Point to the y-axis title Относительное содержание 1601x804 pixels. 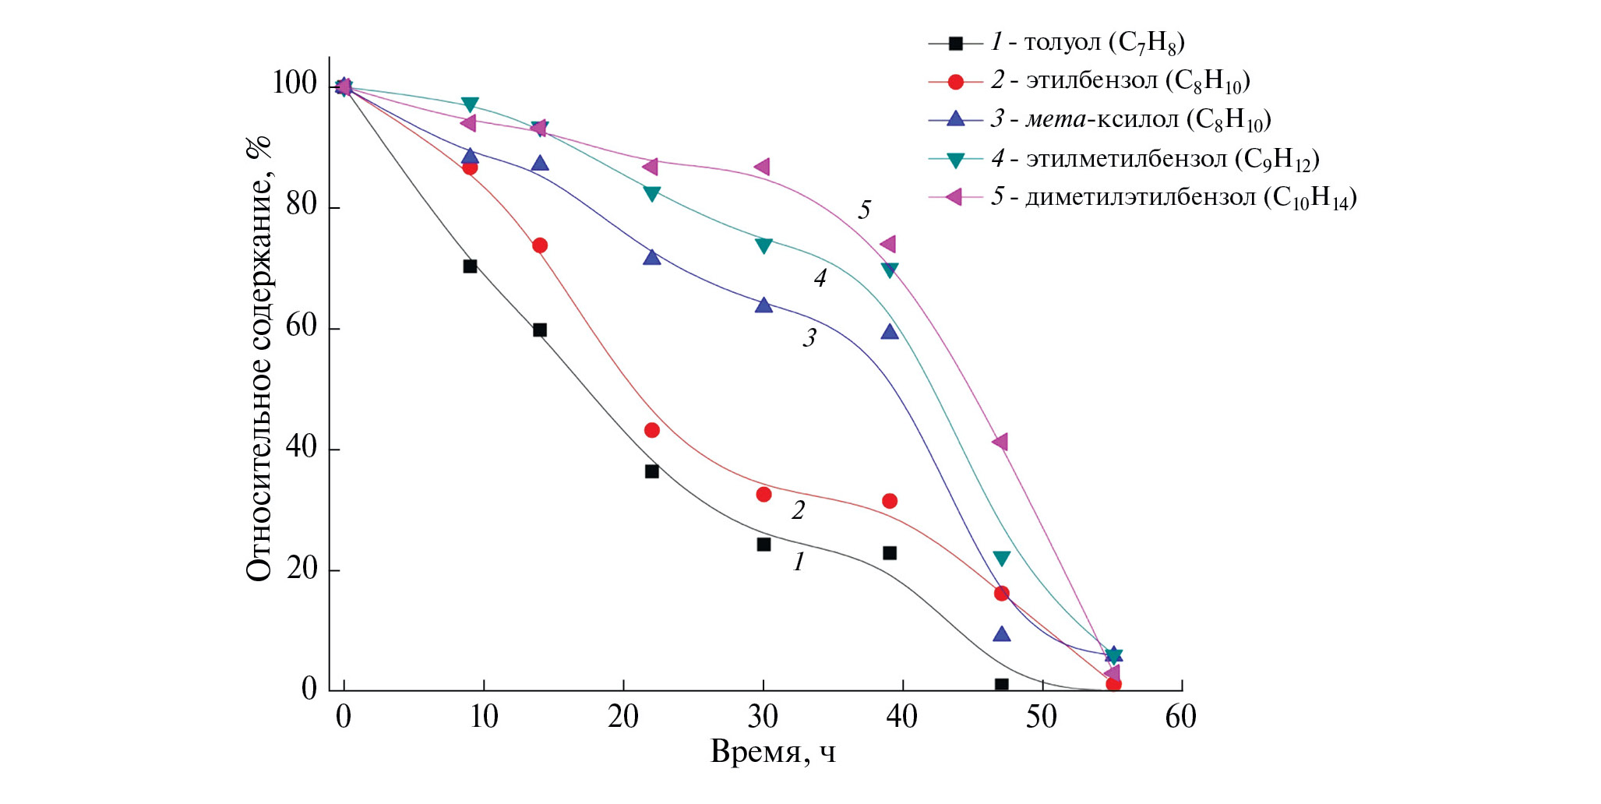259,358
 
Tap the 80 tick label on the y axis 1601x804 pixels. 302,206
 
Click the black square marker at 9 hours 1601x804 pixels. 470,266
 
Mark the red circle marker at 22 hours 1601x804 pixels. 652,430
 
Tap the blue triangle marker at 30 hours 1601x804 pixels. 763,305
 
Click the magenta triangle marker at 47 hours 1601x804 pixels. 1000,442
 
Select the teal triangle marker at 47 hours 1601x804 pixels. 1002,558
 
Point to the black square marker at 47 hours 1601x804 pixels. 1001,685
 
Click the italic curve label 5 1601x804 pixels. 864,210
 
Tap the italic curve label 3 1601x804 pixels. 809,337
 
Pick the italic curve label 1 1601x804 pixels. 799,561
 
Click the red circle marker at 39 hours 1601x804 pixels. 890,501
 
